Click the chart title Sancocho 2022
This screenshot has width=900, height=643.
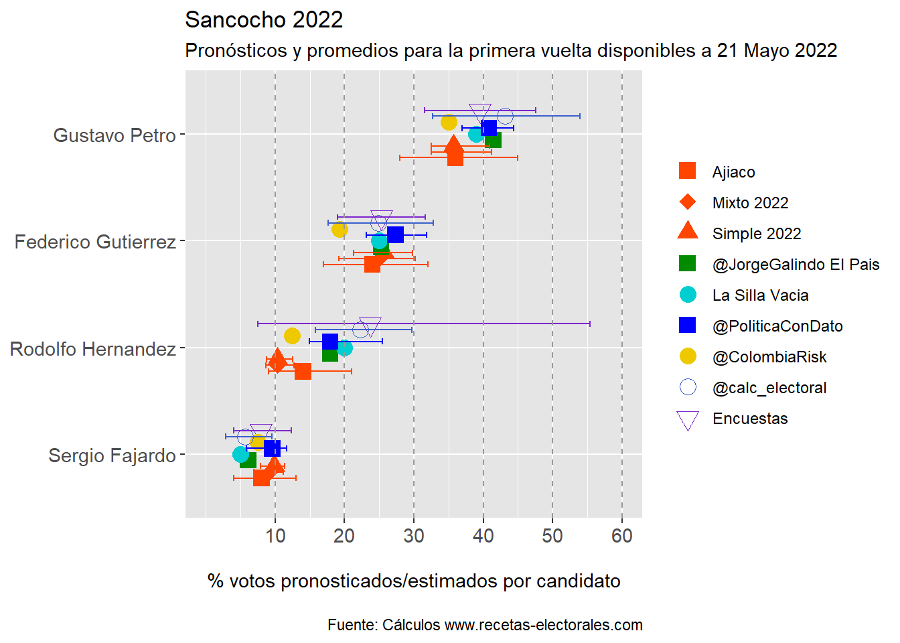click(264, 20)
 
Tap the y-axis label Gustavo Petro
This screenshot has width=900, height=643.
click(115, 135)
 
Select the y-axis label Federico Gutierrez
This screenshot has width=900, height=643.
click(95, 242)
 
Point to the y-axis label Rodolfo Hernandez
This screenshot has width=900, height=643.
click(93, 349)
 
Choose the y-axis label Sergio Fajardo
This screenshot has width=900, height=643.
click(112, 455)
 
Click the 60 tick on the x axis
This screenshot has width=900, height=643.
click(622, 536)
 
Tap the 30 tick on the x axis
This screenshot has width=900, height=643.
click(414, 536)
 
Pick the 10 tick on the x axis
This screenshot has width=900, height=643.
click(275, 536)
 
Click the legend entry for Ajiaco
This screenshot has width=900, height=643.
click(733, 172)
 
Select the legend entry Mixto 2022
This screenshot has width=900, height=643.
click(750, 203)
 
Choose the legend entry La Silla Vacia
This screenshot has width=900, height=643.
click(760, 295)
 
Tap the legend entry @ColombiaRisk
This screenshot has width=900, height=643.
click(769, 357)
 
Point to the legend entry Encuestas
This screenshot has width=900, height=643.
click(750, 419)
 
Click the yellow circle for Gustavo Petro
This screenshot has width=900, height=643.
click(449, 123)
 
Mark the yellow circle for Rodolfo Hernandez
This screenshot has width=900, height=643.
click(292, 336)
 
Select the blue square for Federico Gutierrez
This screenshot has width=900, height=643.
click(395, 234)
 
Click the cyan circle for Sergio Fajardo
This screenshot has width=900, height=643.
click(240, 455)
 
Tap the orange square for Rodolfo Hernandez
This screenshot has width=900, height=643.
click(303, 371)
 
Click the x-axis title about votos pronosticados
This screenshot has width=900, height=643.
click(414, 581)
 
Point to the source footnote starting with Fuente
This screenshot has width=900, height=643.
click(485, 625)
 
